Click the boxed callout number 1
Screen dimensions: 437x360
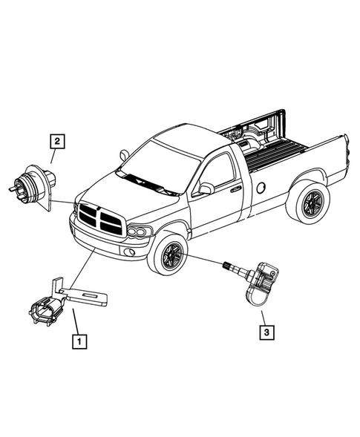coord(78,342)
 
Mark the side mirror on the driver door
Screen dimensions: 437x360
coord(205,188)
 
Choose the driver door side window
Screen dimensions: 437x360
coord(218,173)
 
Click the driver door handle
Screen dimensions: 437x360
coord(235,189)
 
